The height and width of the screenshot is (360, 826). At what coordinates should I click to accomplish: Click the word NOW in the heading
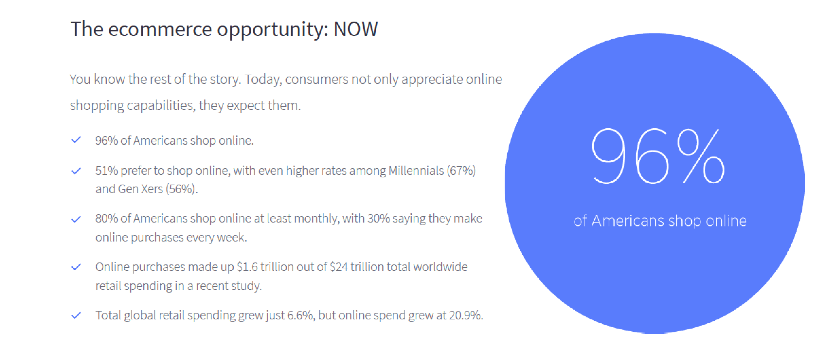coord(356,29)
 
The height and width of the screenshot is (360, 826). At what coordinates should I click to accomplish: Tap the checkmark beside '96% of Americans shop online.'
coord(76,140)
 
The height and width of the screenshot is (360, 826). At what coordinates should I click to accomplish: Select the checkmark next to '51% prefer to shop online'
coord(76,171)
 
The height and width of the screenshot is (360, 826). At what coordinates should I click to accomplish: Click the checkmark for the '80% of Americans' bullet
coord(76,219)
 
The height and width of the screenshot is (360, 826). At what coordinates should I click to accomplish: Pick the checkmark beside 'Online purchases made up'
coord(76,267)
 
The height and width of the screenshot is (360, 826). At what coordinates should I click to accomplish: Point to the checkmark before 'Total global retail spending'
coord(76,315)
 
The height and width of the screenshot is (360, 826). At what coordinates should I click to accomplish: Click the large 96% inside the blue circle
coord(658,156)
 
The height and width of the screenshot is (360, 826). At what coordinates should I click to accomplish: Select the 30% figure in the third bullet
coord(379,219)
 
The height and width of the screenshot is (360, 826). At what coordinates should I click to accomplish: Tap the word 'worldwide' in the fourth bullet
coord(440,267)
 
